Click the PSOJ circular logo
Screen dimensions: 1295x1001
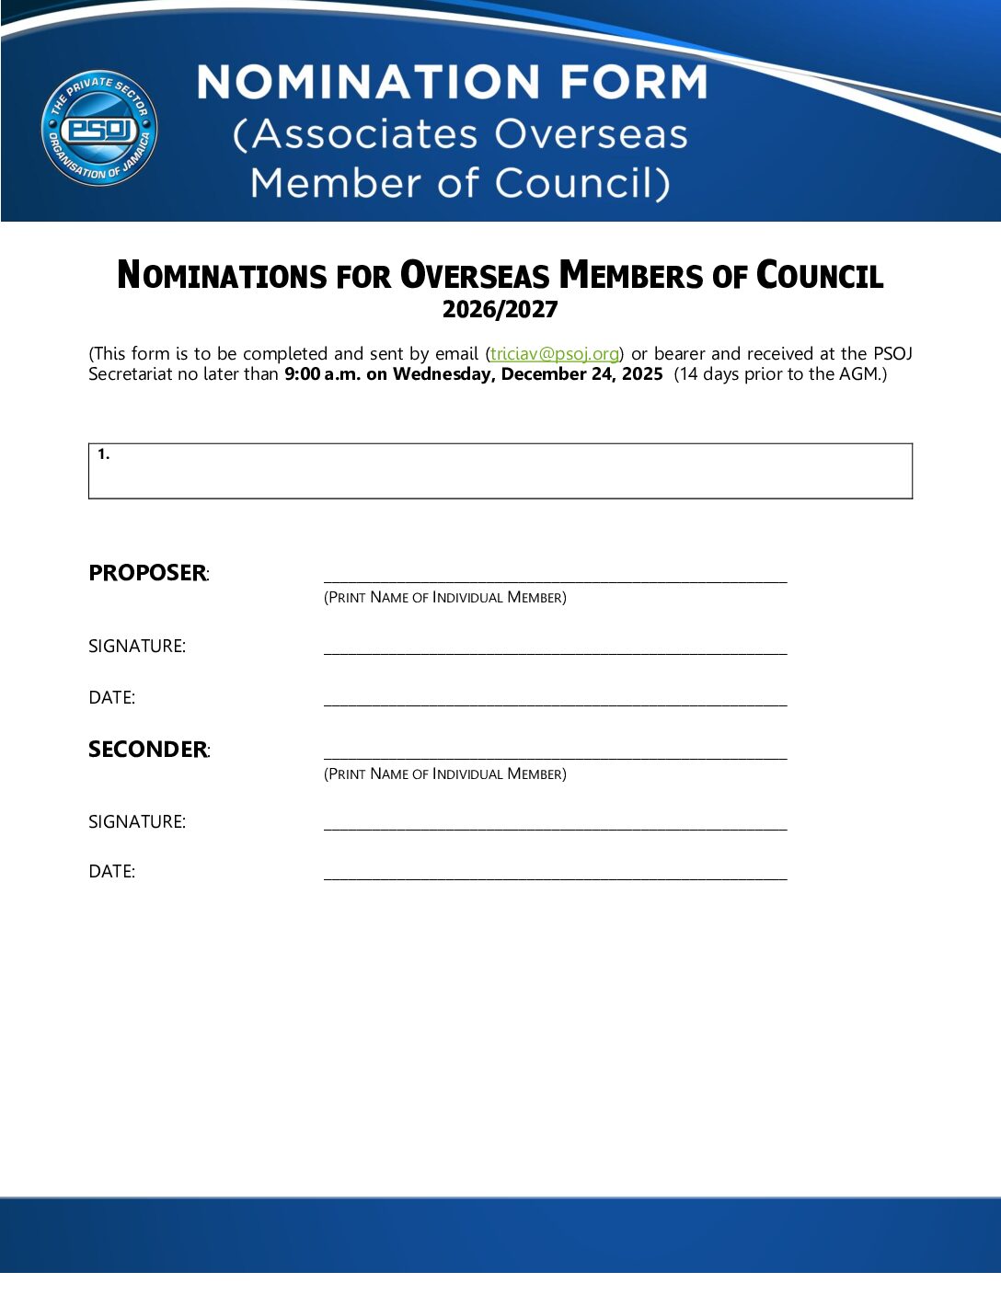tap(99, 128)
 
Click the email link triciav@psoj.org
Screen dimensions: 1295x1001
tap(554, 354)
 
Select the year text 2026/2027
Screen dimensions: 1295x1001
tap(500, 310)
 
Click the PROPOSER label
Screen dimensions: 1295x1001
tap(147, 573)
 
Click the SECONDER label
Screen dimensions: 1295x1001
tap(147, 750)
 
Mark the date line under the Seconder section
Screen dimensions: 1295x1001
tap(555, 876)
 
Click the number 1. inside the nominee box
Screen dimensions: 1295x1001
tap(104, 454)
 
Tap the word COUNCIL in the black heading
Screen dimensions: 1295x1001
tap(819, 276)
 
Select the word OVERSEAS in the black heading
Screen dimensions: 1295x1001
tap(475, 276)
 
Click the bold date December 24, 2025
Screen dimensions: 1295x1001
tap(581, 374)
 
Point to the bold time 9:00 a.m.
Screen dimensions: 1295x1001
tap(322, 374)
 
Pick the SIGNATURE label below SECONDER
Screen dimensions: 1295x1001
tap(137, 822)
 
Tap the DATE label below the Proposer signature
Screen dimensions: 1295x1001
tap(112, 698)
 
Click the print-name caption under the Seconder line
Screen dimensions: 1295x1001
tap(444, 774)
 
